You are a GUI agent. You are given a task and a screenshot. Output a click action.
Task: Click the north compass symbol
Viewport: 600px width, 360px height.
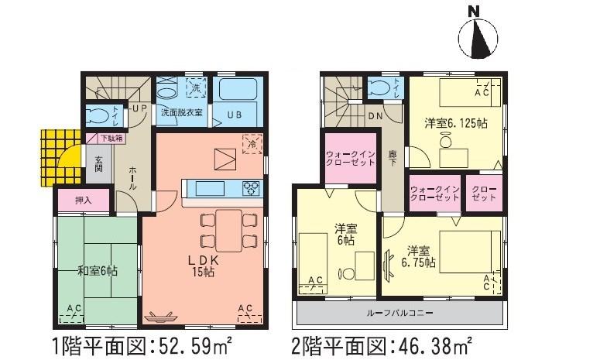coord(478,36)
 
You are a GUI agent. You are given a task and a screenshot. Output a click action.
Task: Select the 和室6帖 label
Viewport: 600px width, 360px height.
coord(97,270)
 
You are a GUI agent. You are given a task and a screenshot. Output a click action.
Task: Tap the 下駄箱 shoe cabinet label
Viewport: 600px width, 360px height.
coord(115,139)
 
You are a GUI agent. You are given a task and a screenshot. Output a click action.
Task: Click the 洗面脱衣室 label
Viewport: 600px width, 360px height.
coord(182,112)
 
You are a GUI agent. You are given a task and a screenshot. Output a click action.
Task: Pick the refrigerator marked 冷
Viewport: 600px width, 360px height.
coord(252,143)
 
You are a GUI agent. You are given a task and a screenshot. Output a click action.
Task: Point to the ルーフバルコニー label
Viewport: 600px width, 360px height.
coord(399,314)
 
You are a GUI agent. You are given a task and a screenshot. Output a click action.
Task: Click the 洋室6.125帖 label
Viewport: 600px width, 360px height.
coord(454,123)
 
